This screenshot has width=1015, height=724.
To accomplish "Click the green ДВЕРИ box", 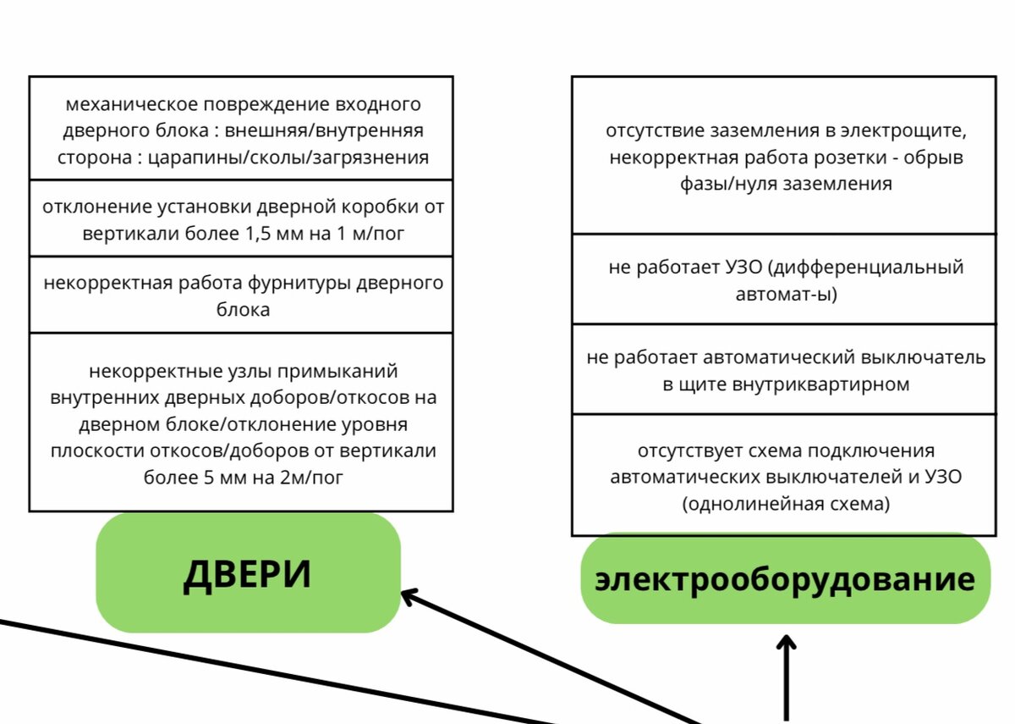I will [x=248, y=573].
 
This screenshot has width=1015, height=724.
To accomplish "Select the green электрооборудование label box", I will [x=785, y=579].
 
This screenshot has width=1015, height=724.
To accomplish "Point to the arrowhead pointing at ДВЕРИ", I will [x=408, y=596].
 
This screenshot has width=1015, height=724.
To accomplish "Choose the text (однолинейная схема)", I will [x=786, y=503].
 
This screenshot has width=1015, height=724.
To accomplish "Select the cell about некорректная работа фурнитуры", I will [x=241, y=296].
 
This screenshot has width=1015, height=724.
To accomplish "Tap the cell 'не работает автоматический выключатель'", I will [x=786, y=370].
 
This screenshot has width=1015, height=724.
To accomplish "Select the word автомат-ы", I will [x=786, y=294].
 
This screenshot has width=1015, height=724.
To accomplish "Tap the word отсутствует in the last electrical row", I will [x=682, y=450].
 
